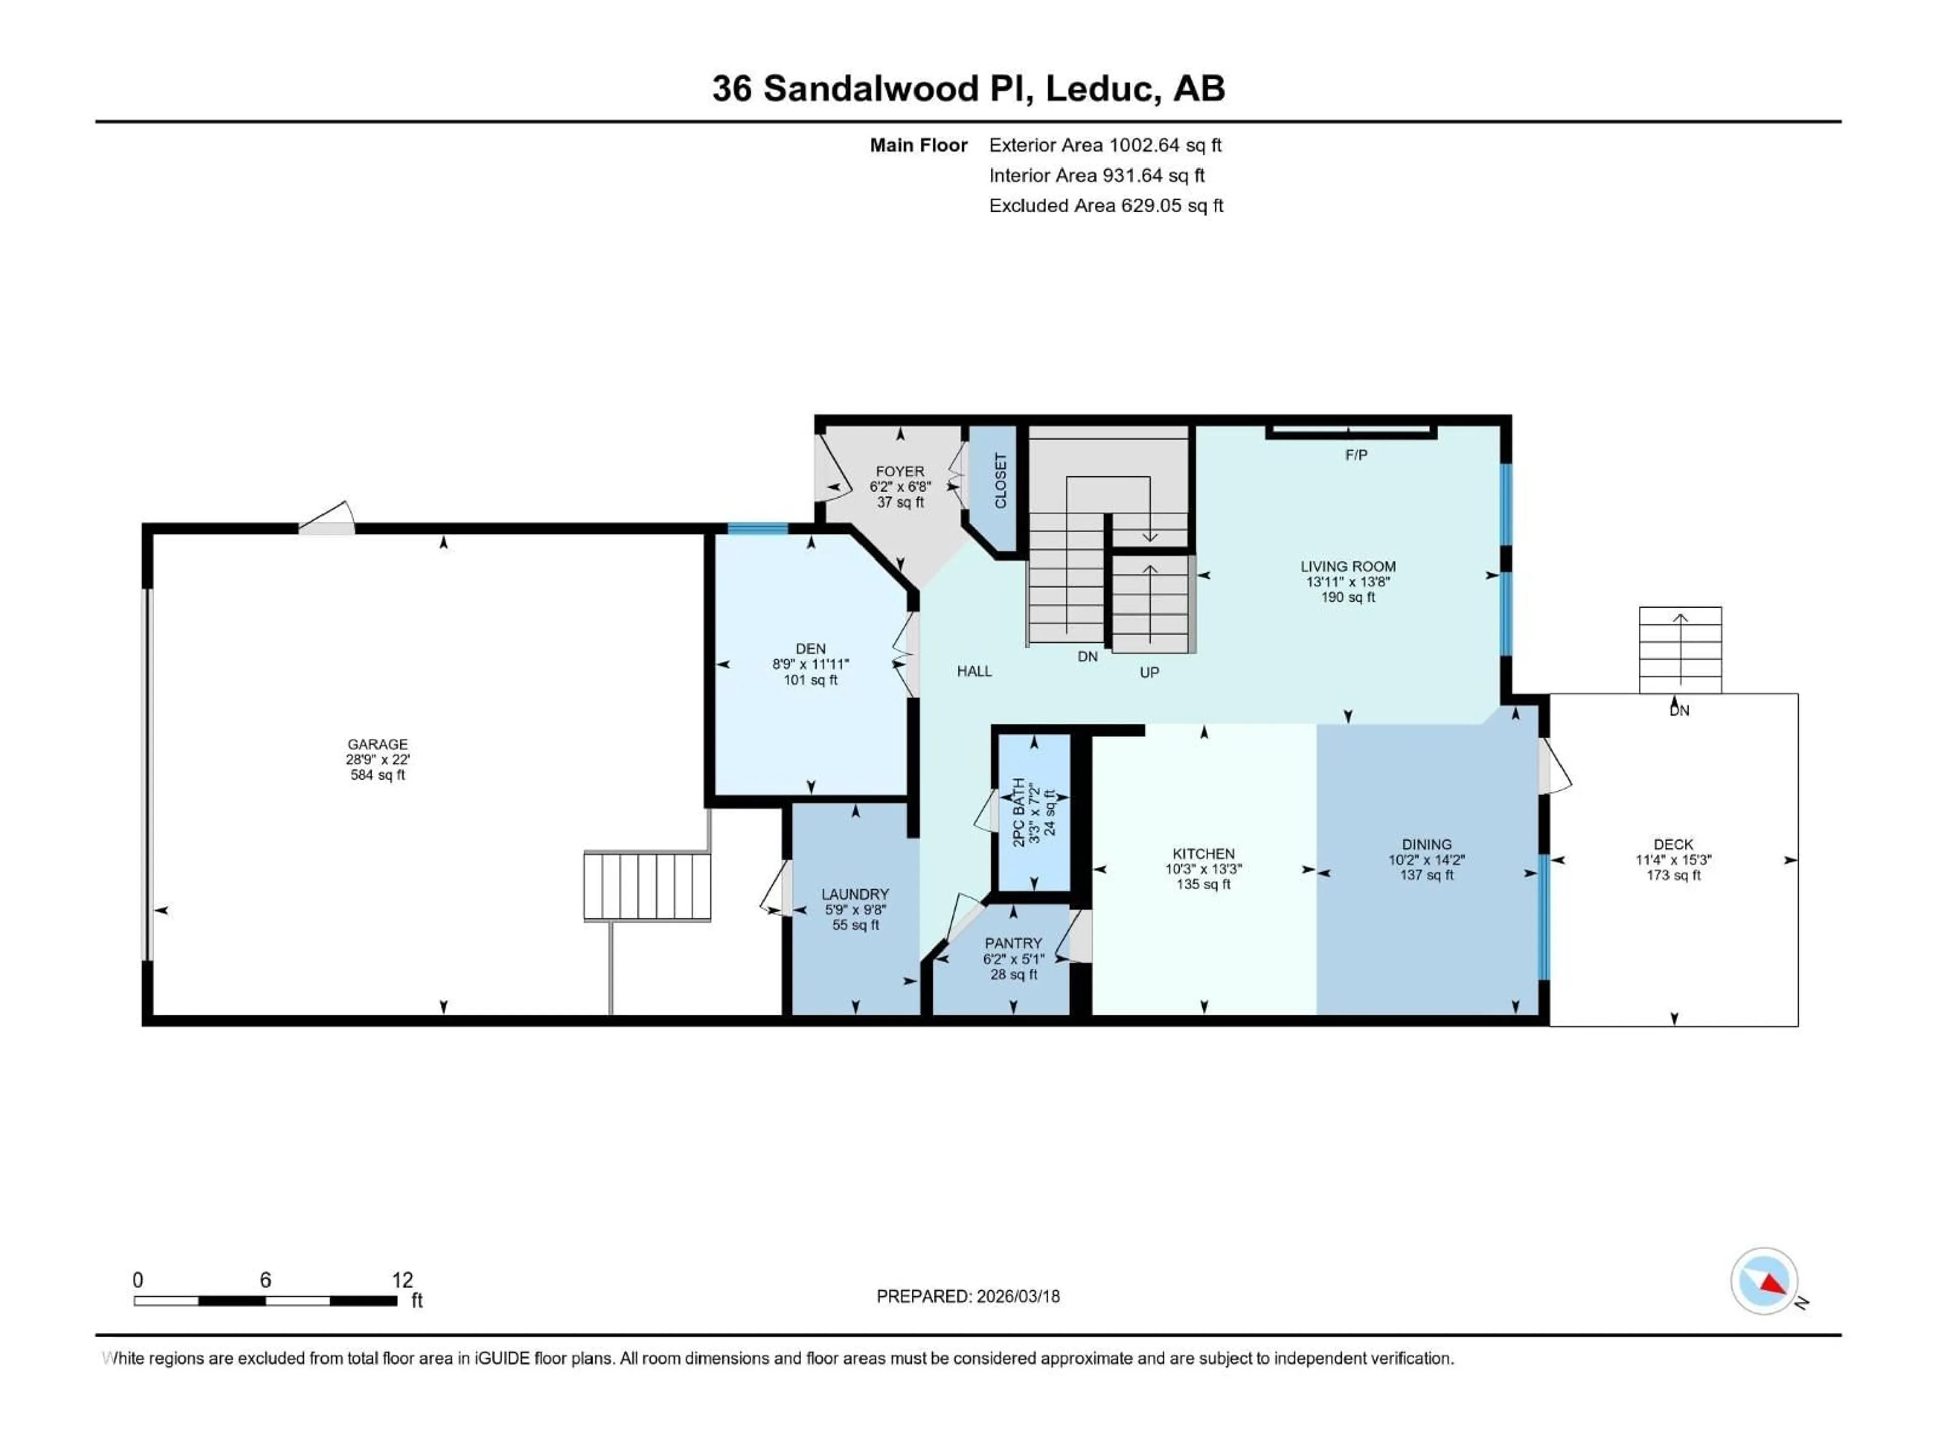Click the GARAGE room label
click(378, 744)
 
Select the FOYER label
click(900, 471)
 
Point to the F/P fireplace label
click(1356, 455)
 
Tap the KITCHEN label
click(1204, 853)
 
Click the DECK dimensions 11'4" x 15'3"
click(1674, 860)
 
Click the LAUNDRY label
click(855, 894)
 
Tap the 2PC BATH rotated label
click(1019, 812)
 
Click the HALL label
click(974, 671)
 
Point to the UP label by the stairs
click(1149, 673)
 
